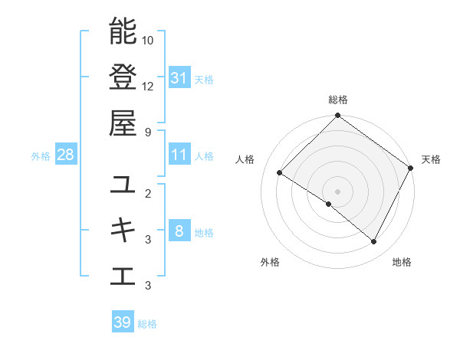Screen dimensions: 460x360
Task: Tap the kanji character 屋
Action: tap(123, 123)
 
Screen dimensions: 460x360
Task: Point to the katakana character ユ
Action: tap(123, 184)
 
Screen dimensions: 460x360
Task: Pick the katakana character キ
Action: tap(123, 230)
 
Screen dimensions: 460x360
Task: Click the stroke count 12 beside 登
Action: tap(148, 87)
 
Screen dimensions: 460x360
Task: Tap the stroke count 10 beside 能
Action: tap(148, 40)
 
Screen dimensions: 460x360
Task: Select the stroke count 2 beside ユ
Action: tap(148, 193)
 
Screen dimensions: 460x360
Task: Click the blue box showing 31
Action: tap(179, 78)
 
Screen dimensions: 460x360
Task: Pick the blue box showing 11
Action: tap(179, 155)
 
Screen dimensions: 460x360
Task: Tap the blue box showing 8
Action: tap(179, 231)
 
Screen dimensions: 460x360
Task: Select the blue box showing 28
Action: tap(65, 155)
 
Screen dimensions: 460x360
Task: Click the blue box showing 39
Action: tap(122, 322)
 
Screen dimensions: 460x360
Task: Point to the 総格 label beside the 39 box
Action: tap(147, 324)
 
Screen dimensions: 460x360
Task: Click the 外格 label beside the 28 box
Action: tap(41, 156)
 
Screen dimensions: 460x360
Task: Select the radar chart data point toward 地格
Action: tap(374, 242)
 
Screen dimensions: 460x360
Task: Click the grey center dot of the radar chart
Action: tap(337, 191)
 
